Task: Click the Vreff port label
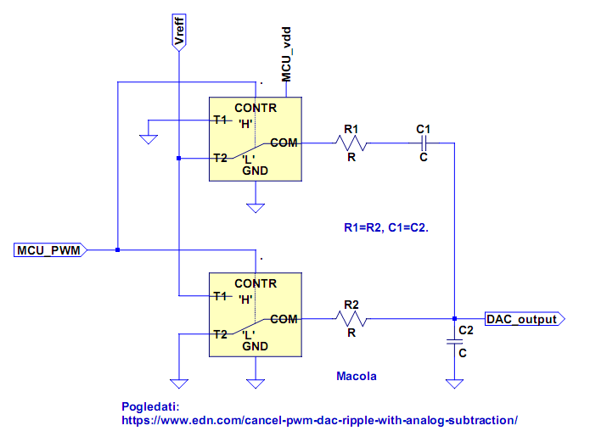[x=179, y=32]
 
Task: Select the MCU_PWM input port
[x=50, y=250]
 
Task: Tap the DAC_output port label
[x=525, y=319]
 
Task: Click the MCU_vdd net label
[x=286, y=54]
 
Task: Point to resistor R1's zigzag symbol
[x=351, y=143]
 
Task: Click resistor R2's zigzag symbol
[x=351, y=319]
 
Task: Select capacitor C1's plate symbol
[x=424, y=143]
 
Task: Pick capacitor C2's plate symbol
[x=454, y=342]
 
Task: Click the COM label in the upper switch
[x=284, y=143]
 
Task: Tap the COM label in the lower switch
[x=284, y=319]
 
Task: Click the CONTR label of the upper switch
[x=256, y=108]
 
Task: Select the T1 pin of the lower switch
[x=220, y=296]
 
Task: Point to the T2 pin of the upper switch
[x=220, y=158]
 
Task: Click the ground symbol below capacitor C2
[x=454, y=383]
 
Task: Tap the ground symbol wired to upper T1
[x=149, y=139]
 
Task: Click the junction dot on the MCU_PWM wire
[x=118, y=249]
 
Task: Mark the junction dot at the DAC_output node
[x=454, y=319]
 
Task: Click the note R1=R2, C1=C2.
[x=386, y=227]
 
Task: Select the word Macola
[x=357, y=376]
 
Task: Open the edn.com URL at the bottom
[x=320, y=420]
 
